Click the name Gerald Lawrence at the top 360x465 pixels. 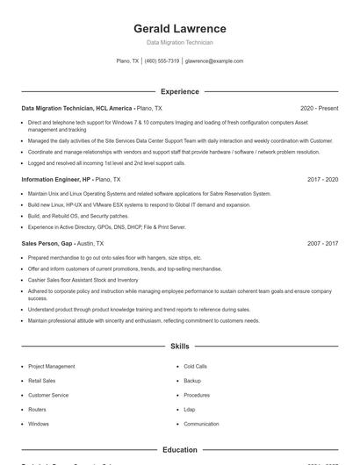179,29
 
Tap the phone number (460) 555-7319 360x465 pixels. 162,61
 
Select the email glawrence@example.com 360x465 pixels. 214,61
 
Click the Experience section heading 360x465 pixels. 179,91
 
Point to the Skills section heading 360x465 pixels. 179,347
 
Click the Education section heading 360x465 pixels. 179,450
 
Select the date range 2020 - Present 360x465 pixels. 319,108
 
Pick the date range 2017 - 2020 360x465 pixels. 322,179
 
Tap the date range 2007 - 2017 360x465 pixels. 322,243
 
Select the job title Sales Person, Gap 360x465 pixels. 47,243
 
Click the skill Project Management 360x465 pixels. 51,366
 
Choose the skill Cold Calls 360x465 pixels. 195,366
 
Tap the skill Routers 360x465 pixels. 37,410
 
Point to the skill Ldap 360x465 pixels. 190,410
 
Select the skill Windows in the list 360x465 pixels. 39,424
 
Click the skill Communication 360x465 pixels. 201,424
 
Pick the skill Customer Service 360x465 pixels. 48,395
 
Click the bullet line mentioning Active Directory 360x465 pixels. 106,226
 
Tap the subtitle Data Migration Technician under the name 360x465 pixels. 179,42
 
